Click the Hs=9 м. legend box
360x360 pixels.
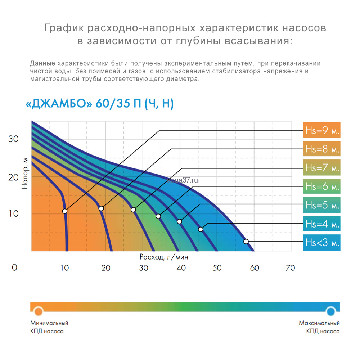[321, 130]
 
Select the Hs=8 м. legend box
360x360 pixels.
[321, 149]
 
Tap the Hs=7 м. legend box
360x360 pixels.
[321, 168]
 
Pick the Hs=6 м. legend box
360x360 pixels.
[321, 186]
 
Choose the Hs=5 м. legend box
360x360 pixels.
[321, 205]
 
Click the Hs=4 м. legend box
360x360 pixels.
[321, 224]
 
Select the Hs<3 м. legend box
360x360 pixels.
[321, 243]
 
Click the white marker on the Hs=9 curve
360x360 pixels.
[65, 211]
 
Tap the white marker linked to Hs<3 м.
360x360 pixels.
[246, 241]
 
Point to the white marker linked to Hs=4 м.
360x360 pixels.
[201, 229]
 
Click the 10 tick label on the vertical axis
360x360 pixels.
[13, 214]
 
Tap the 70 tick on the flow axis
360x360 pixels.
[290, 268]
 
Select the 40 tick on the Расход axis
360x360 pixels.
[181, 268]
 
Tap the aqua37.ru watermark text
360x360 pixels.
[183, 180]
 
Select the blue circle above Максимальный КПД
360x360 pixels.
[331, 311]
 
